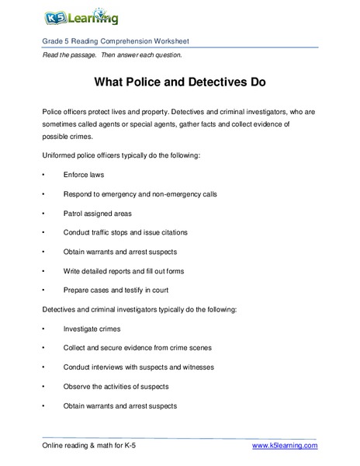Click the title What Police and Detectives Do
(180, 80)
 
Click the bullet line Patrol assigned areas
(98, 213)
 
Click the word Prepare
(78, 290)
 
